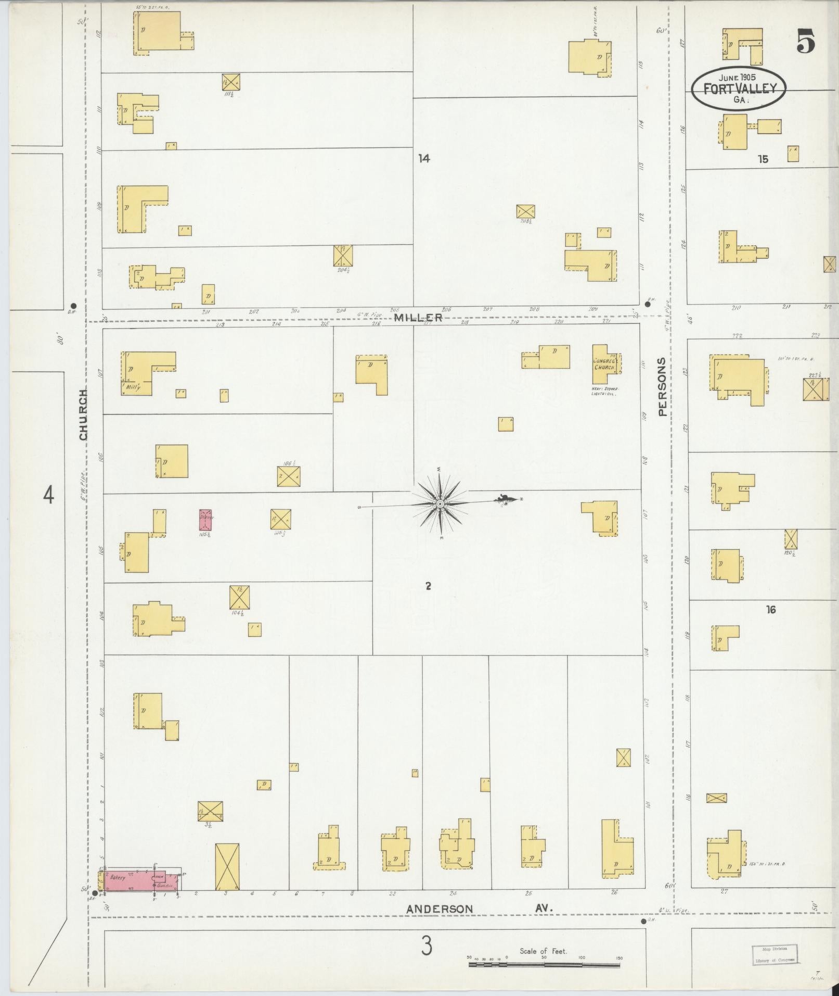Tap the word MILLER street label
tap(418, 318)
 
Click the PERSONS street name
tap(662, 386)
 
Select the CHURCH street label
tap(84, 415)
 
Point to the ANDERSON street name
tap(440, 909)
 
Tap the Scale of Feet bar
tap(544, 965)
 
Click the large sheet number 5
tap(805, 42)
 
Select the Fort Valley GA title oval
tap(739, 89)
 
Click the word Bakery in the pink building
tap(118, 877)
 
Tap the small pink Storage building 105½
tap(205, 520)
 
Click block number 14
tap(424, 158)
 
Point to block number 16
tap(770, 609)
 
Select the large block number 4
tap(48, 495)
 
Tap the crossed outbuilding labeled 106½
tap(289, 476)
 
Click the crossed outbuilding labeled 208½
tap(526, 211)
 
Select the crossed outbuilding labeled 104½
tap(239, 597)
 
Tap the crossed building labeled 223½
tap(816, 389)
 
